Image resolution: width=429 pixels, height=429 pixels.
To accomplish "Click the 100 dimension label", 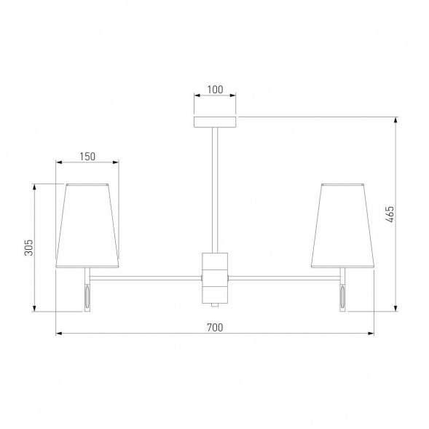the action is pyautogui.click(x=215, y=90).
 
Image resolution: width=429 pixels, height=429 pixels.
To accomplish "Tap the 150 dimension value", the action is pyautogui.click(x=87, y=157).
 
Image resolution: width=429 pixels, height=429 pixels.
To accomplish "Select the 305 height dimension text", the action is pyautogui.click(x=28, y=248).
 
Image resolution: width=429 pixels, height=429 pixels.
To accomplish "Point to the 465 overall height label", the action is pyautogui.click(x=390, y=214).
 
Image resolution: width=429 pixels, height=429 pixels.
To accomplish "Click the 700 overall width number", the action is pyautogui.click(x=215, y=328).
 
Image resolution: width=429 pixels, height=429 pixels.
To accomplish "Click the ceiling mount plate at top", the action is pyautogui.click(x=215, y=122).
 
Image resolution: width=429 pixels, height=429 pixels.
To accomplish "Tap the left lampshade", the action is pyautogui.click(x=87, y=226).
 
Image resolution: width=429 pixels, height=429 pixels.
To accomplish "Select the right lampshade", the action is pyautogui.click(x=342, y=226).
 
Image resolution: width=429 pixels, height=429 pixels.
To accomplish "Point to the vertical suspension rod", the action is pyautogui.click(x=215, y=190).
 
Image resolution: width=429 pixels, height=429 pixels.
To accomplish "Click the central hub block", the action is pyautogui.click(x=215, y=278).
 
